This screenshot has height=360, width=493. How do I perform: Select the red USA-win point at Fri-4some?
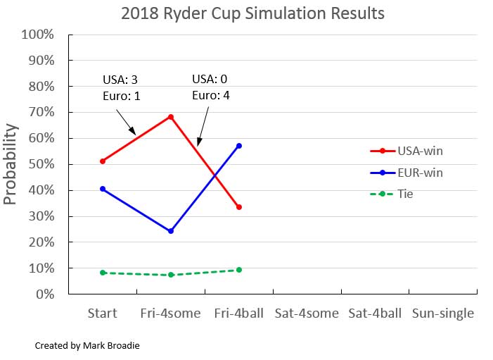171,117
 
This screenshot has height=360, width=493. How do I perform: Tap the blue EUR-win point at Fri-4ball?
239,146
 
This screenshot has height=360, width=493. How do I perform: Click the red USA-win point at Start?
103,161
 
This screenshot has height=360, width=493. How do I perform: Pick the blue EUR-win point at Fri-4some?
171,231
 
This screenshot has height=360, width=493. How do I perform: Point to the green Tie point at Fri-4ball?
239,270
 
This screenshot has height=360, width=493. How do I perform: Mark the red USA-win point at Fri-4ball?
239,207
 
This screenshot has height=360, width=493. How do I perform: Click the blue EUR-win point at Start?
103,189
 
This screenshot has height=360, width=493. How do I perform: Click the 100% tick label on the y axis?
38,35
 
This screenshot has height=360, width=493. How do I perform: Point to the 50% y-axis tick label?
41,164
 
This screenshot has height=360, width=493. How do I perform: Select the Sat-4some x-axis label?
307,313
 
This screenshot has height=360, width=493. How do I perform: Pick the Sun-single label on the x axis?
443,313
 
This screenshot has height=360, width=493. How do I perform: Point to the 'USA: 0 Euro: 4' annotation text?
212,85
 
